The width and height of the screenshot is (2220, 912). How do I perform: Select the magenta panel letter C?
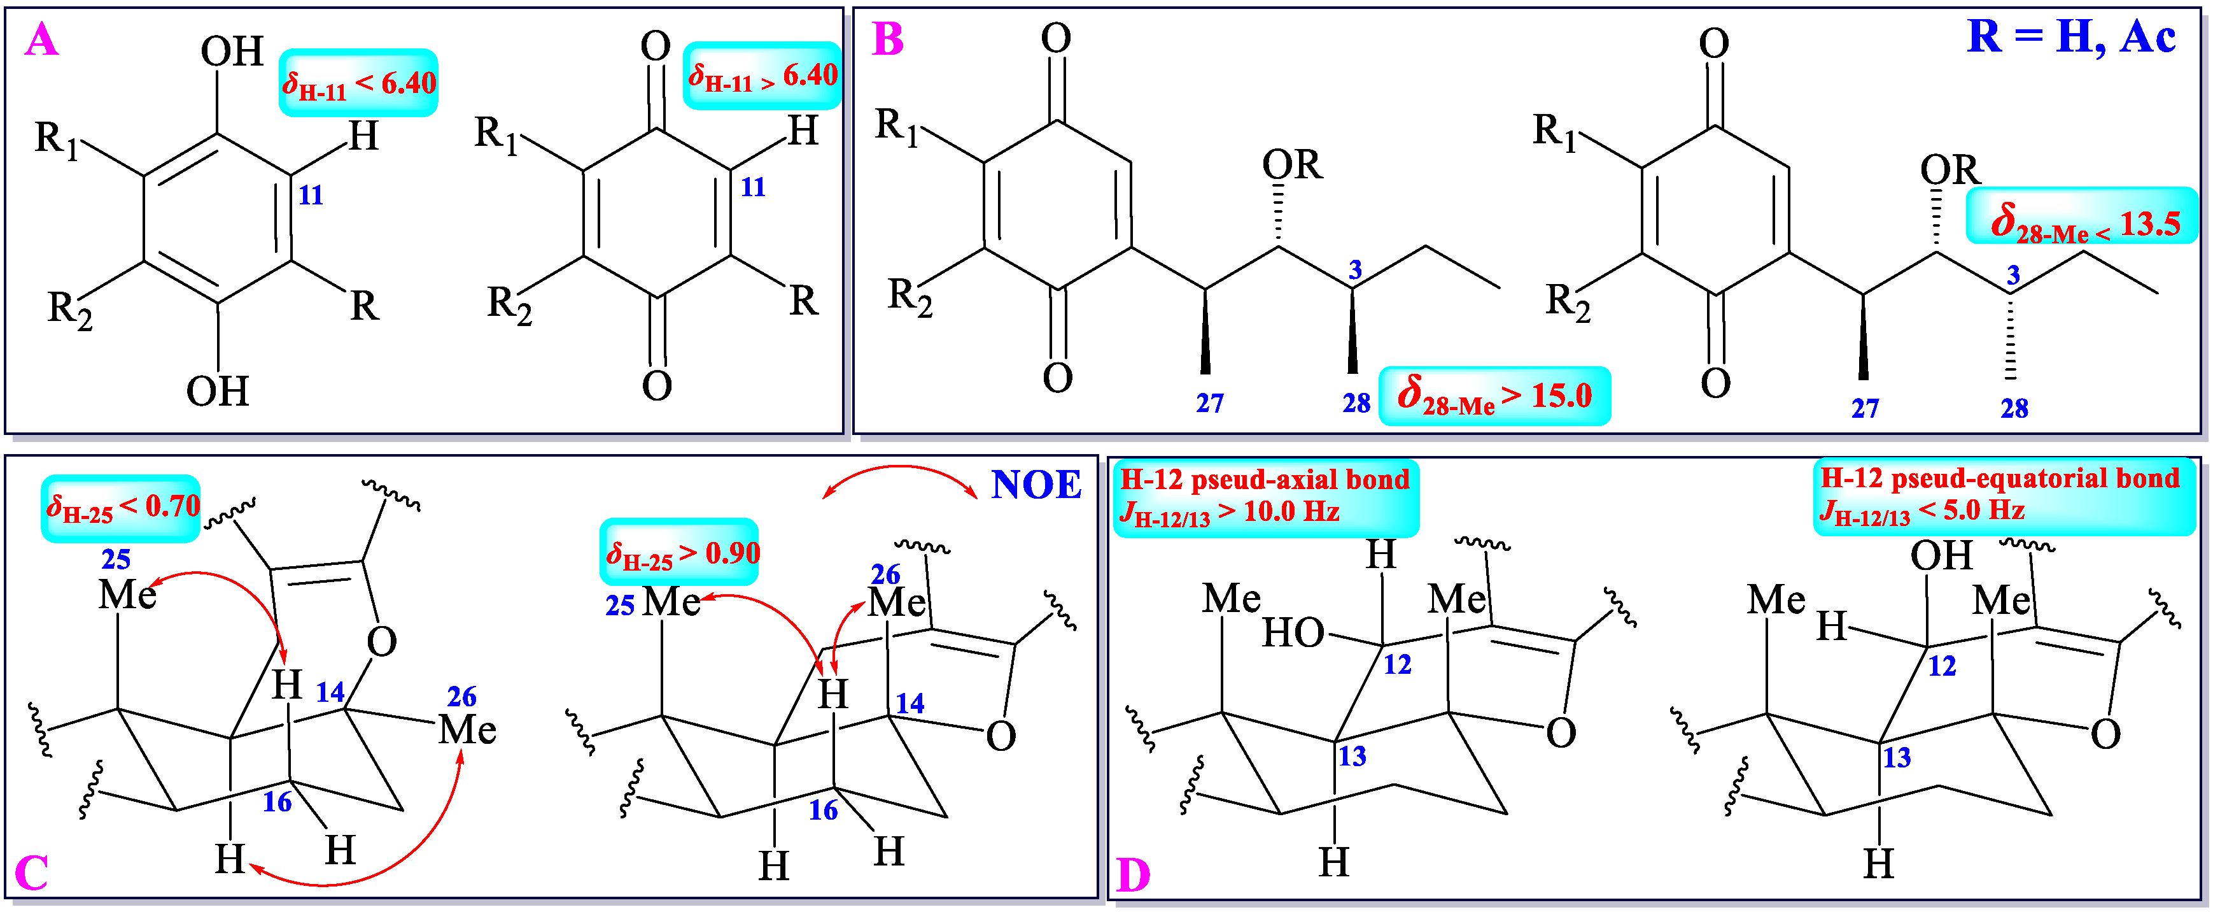point(32,873)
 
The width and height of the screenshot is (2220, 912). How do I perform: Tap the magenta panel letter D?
point(1132,875)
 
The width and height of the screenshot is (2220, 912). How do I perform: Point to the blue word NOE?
point(1036,485)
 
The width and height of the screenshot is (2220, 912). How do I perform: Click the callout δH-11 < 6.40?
point(358,83)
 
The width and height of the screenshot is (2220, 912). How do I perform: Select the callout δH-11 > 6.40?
point(762,76)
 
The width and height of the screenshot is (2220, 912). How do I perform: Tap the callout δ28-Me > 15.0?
point(1494,397)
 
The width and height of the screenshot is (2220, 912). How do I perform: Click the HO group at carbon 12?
point(1293,634)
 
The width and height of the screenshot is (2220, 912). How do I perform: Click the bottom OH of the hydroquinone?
point(217,392)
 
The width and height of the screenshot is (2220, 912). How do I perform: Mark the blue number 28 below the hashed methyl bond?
point(2014,409)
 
